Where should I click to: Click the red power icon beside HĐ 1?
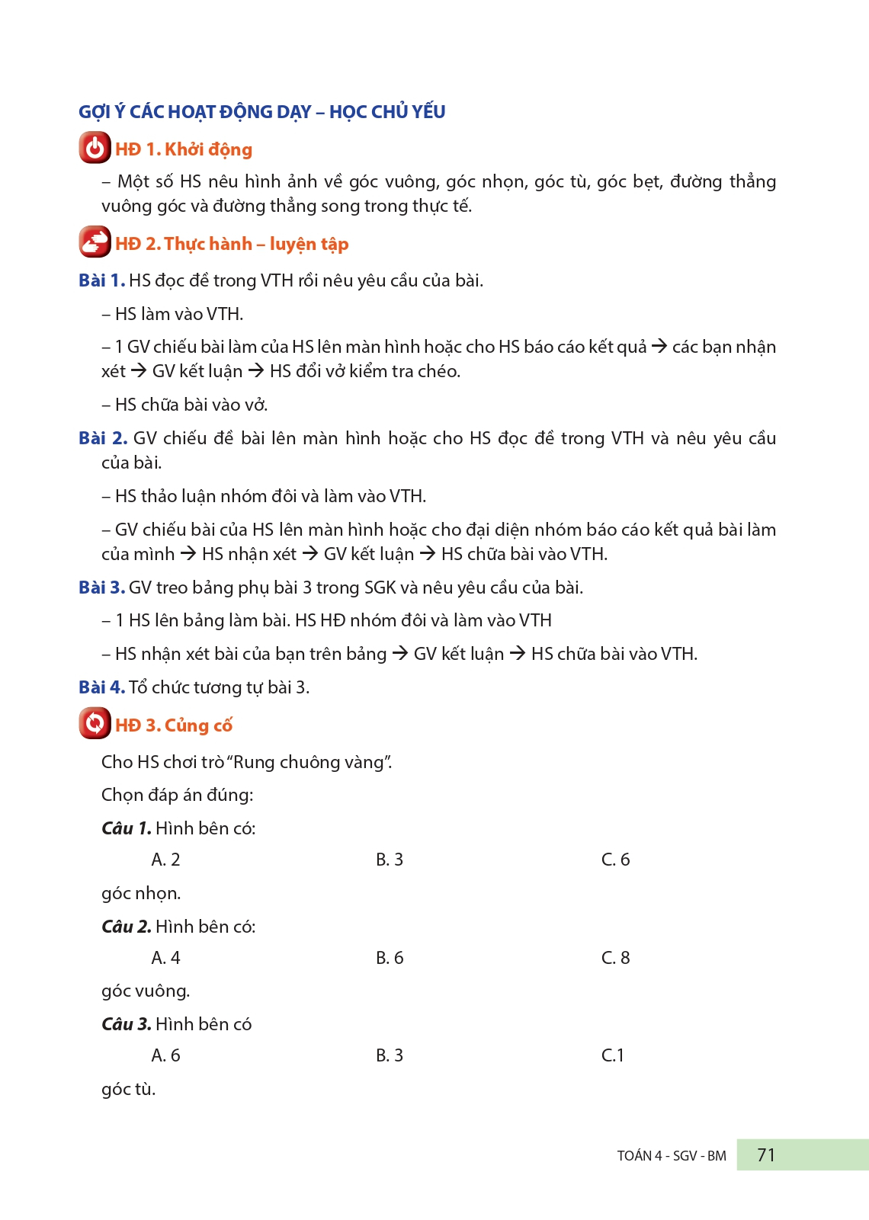(95, 148)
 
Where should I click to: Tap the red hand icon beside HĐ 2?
(95, 242)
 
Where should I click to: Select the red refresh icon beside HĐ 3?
(95, 723)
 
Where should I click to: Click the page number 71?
(766, 1155)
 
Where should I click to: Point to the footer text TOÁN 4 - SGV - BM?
(672, 1156)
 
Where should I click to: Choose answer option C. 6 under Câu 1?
(615, 860)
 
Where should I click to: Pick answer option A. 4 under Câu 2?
(165, 958)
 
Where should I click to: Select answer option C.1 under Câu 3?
(613, 1055)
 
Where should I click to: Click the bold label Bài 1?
(101, 280)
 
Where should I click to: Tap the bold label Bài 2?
(102, 438)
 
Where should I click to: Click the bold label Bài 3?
(101, 588)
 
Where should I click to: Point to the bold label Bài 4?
(101, 687)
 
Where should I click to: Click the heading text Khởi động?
(208, 149)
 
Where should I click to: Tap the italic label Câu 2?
(127, 927)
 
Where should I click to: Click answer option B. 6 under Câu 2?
(390, 958)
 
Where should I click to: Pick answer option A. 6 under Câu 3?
(165, 1055)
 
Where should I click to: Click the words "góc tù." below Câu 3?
(128, 1090)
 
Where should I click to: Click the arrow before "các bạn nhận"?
(659, 347)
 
